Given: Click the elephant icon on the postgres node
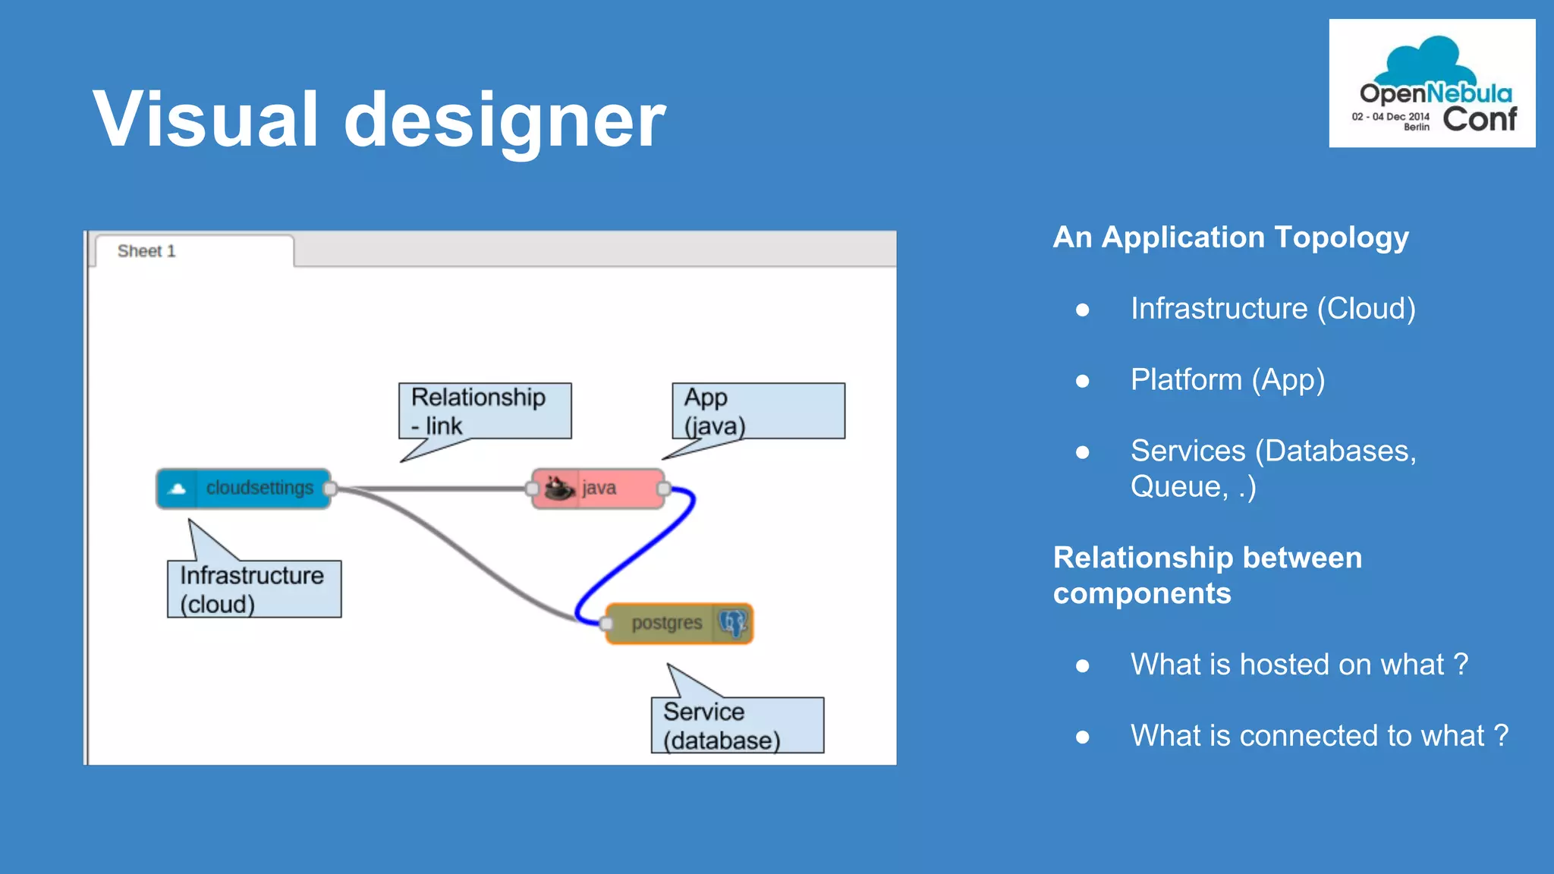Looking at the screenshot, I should (x=732, y=623).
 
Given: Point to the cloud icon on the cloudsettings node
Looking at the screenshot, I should (x=178, y=489).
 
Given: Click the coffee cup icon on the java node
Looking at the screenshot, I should (x=559, y=488).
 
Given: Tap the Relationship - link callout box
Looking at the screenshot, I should (x=485, y=410).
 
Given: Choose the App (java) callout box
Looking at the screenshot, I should (x=758, y=410).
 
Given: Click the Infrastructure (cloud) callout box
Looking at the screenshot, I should (x=254, y=589).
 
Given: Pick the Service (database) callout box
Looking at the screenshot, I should (x=737, y=725).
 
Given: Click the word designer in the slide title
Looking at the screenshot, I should (x=504, y=119).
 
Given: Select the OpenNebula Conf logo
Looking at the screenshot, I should (x=1432, y=83).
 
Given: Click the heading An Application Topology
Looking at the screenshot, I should (x=1230, y=237).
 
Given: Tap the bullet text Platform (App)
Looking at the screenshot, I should (x=1227, y=379).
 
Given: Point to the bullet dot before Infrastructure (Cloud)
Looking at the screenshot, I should (x=1082, y=310).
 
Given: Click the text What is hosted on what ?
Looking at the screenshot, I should (x=1299, y=664).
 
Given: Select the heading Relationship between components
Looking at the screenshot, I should (x=1206, y=575).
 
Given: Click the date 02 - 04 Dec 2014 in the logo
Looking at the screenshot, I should (x=1390, y=117).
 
